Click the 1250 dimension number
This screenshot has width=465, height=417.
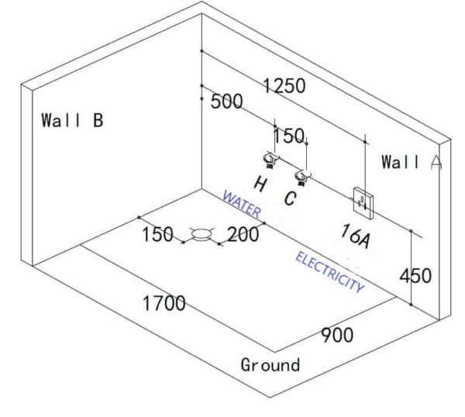(x=284, y=86)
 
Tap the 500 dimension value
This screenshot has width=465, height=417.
(x=226, y=102)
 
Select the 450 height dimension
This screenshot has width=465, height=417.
(x=415, y=274)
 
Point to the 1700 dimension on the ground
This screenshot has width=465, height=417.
(x=164, y=302)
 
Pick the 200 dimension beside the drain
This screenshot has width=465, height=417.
(x=243, y=234)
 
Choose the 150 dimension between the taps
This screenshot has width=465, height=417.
(x=289, y=136)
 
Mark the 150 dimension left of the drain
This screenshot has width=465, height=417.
(x=157, y=234)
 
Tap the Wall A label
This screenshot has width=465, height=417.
(x=412, y=162)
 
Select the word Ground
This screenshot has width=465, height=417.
(x=270, y=364)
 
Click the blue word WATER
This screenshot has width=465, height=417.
(x=242, y=203)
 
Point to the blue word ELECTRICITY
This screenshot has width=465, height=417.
(x=329, y=271)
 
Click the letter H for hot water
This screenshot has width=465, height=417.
(x=260, y=184)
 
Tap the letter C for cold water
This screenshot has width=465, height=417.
(x=289, y=198)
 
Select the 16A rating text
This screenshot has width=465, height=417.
(x=356, y=236)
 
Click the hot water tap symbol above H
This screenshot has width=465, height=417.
(x=270, y=160)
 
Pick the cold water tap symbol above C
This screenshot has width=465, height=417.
(x=302, y=177)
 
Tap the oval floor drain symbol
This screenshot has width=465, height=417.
(x=204, y=233)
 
